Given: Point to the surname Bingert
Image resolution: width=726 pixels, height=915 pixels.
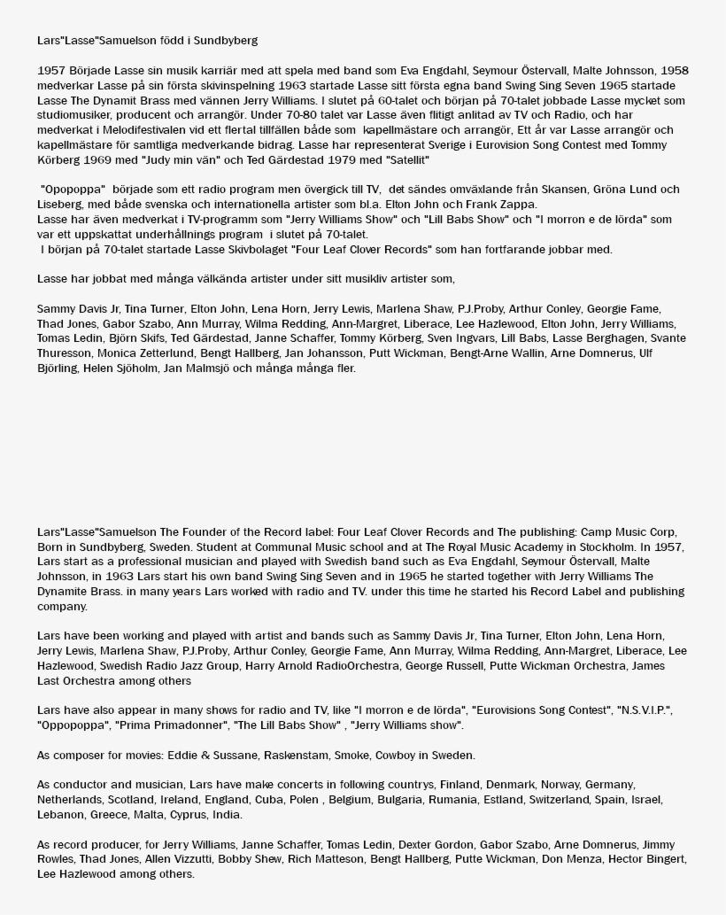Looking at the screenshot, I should click(660, 859).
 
